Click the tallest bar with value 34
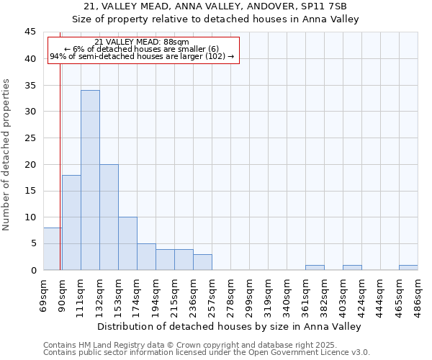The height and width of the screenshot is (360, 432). [x=90, y=180]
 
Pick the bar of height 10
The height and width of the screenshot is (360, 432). [x=127, y=243]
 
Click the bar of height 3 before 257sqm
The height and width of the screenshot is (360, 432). [x=202, y=262]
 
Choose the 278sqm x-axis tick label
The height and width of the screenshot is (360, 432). [x=231, y=295]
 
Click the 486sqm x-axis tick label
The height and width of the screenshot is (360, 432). [x=418, y=295]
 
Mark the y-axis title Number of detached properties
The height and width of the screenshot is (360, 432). [x=7, y=155]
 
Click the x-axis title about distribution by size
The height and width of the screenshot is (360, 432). [x=229, y=326]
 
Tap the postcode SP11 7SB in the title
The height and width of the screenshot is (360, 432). [x=328, y=6]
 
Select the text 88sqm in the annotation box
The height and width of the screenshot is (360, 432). [x=176, y=42]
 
